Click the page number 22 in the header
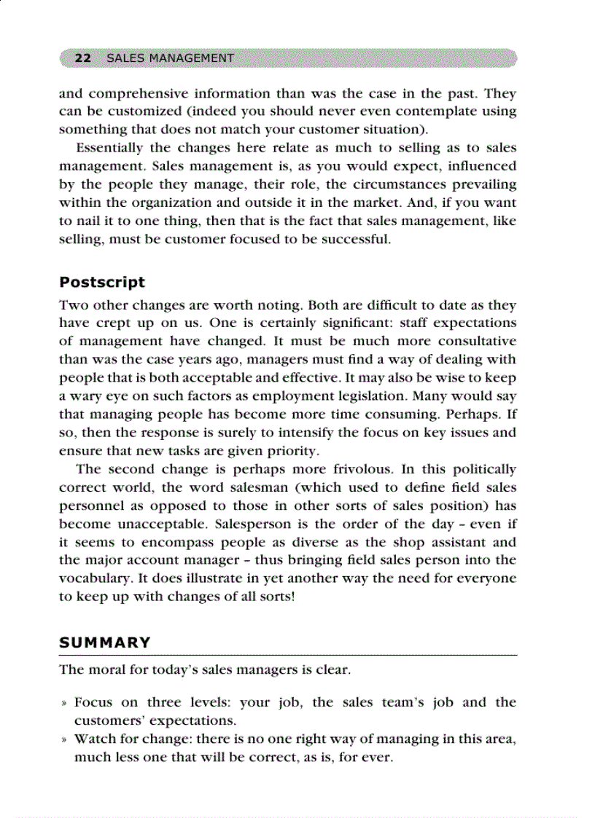(x=82, y=58)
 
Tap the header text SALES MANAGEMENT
(x=170, y=58)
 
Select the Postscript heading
(x=102, y=282)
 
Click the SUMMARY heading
(x=105, y=642)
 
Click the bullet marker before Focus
(x=63, y=703)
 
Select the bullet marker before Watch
(x=63, y=739)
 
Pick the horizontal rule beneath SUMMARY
(x=287, y=656)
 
